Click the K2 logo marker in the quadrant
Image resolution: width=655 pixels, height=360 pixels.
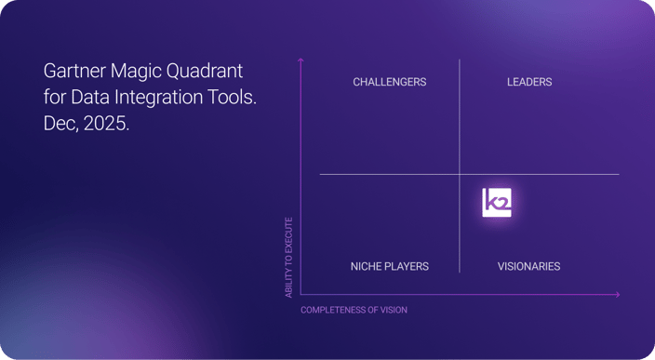tap(497, 203)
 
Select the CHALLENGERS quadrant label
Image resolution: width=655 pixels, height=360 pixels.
tap(389, 82)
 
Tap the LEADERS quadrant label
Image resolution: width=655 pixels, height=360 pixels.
tap(529, 82)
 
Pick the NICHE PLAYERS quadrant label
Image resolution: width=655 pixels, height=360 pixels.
tap(389, 266)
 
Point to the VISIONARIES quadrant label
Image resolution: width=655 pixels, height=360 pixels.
tap(528, 266)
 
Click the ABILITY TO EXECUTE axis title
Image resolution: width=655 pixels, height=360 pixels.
tap(288, 258)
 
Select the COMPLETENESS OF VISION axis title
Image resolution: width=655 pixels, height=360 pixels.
tap(354, 310)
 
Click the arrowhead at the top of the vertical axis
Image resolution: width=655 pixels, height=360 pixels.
tap(301, 61)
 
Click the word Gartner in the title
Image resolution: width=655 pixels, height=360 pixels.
tap(74, 72)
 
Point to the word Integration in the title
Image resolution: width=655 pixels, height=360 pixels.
tap(163, 98)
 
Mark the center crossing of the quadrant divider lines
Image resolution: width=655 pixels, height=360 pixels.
tap(460, 174)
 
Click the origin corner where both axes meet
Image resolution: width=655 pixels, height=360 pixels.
tap(301, 295)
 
